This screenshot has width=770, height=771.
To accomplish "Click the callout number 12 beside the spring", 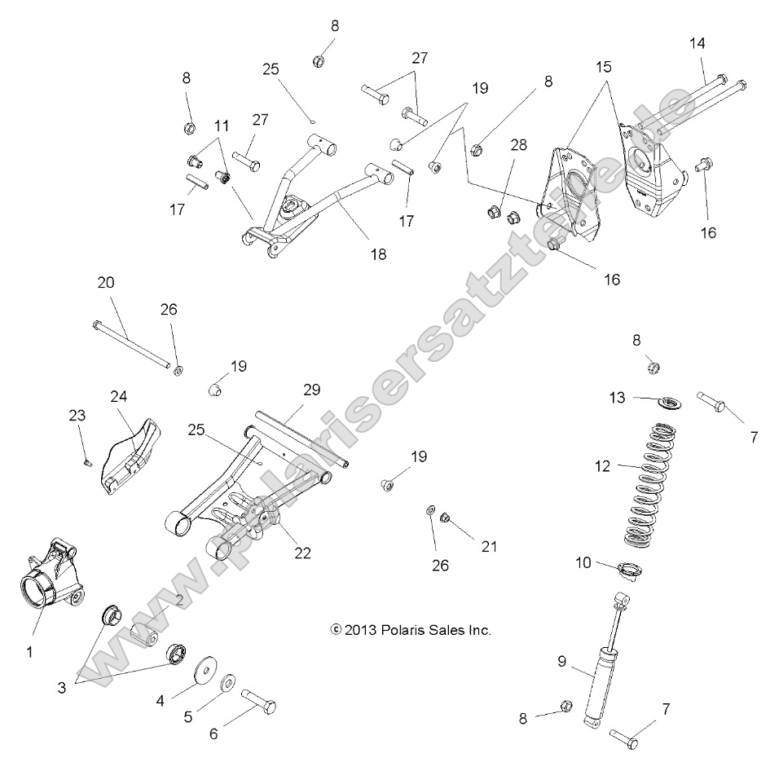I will tap(602, 466).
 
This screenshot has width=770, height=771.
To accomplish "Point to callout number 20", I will tap(106, 283).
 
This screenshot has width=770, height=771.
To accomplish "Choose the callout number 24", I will tap(119, 396).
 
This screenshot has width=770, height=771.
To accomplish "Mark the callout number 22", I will tap(303, 553).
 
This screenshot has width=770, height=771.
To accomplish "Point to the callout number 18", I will tap(377, 254).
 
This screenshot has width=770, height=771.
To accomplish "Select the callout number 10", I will tap(583, 562).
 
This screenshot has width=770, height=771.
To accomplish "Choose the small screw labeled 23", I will tap(87, 463).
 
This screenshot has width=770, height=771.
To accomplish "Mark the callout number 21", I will tap(489, 546).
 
